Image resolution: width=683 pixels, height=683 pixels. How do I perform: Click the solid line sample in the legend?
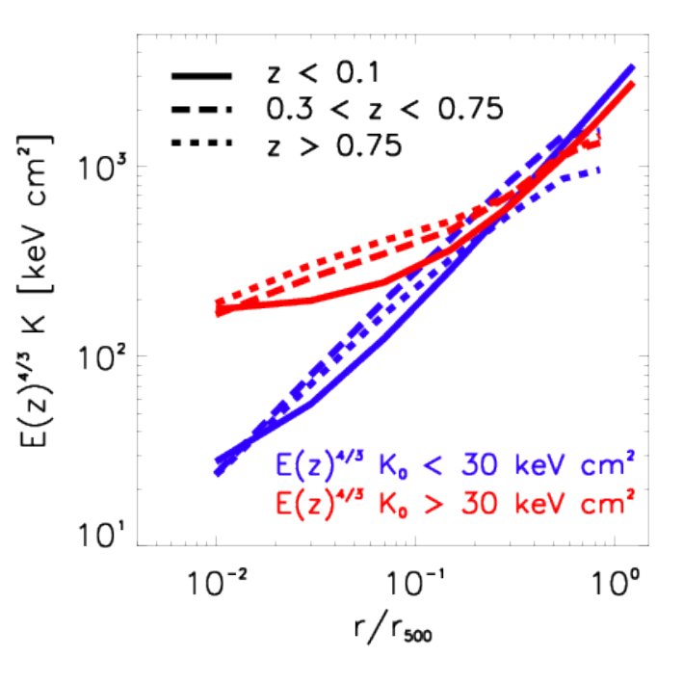pos(201,76)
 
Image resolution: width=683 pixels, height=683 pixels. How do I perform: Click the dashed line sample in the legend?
pos(201,109)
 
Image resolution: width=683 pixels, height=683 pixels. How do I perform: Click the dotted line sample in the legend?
pos(201,143)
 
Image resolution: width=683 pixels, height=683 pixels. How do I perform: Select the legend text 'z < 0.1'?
pos(324,73)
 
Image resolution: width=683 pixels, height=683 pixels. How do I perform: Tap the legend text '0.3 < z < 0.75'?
pos(384,108)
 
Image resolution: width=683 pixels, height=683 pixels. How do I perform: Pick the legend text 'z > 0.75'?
pos(334,144)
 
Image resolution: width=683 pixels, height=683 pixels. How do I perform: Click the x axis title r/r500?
pos(393,628)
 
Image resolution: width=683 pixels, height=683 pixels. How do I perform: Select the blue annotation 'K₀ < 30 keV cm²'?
pos(507,464)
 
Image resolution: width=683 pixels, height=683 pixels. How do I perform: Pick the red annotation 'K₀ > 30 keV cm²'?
pos(507,502)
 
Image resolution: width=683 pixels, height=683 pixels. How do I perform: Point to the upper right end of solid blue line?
pos(633,66)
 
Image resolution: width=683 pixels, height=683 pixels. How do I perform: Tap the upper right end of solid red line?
pos(633,83)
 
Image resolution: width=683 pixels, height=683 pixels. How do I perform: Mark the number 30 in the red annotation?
pos(479,503)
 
